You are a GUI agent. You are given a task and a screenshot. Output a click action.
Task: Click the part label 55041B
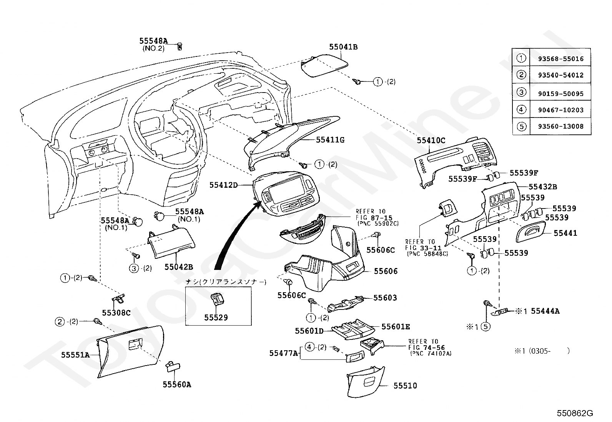(343, 47)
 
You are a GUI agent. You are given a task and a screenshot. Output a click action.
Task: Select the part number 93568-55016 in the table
(561, 59)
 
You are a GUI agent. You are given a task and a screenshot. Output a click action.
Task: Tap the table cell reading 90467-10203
(561, 110)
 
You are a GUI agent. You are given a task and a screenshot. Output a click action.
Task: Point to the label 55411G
(330, 140)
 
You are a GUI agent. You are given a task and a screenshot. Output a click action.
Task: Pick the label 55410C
(431, 141)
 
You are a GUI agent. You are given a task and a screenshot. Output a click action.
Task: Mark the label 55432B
(543, 187)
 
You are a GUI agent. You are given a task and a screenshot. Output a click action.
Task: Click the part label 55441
(565, 233)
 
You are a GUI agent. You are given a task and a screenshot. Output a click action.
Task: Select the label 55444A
(545, 311)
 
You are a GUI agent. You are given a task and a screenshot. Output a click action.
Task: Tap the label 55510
(404, 386)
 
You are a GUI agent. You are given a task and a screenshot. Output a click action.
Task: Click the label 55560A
(176, 384)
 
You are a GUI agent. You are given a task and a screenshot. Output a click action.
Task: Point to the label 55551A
(75, 355)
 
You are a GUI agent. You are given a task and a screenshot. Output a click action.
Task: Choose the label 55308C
(116, 313)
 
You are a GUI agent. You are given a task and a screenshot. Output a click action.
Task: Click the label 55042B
(179, 267)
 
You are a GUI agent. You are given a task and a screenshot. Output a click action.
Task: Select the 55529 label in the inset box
(216, 318)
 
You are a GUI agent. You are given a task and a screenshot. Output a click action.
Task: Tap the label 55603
(385, 298)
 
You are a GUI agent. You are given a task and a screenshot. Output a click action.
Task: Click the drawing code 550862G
(575, 413)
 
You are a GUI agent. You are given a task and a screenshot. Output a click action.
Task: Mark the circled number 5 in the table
(521, 126)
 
